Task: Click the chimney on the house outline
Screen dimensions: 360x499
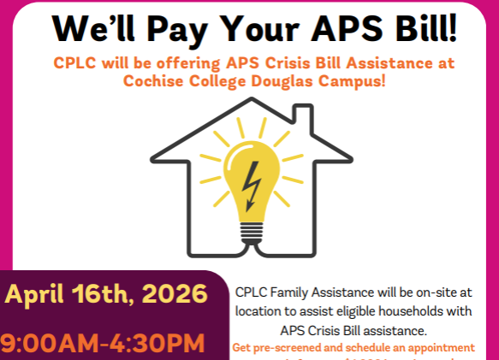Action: (x=301, y=120)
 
